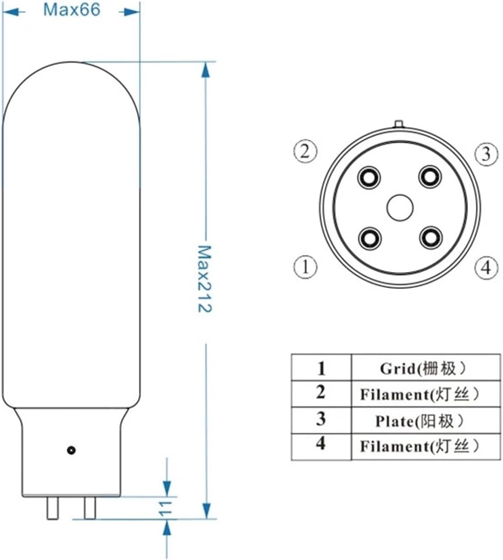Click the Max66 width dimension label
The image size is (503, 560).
(71, 10)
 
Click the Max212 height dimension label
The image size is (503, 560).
(205, 279)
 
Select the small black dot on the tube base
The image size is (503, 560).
(71, 450)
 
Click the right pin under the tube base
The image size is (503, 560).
(90, 508)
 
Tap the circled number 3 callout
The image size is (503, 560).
(486, 154)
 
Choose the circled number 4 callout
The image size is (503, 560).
(486, 267)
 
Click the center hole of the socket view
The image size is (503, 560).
(400, 208)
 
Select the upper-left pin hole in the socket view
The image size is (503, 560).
(369, 177)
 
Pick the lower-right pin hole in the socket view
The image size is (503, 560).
(430, 238)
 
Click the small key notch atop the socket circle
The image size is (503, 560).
(399, 124)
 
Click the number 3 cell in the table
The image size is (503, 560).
(321, 420)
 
